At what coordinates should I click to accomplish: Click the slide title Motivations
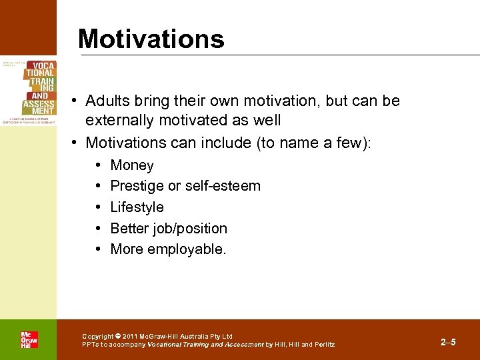point(151,39)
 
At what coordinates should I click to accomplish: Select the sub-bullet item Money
point(132,165)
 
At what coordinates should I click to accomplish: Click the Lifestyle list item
point(137,207)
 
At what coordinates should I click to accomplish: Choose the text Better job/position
point(169,229)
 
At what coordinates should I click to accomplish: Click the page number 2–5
point(448,342)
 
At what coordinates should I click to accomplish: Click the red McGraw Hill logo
point(29,339)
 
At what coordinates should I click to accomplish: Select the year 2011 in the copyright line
point(130,337)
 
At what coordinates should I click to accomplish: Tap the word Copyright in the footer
point(98,337)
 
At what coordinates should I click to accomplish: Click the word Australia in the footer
point(201,337)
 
